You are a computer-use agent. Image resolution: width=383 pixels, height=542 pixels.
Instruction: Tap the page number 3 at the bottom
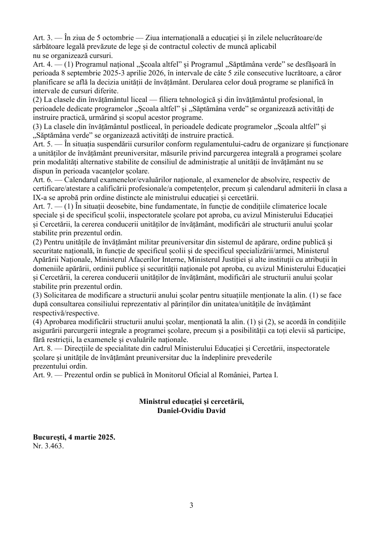tap(191, 505)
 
